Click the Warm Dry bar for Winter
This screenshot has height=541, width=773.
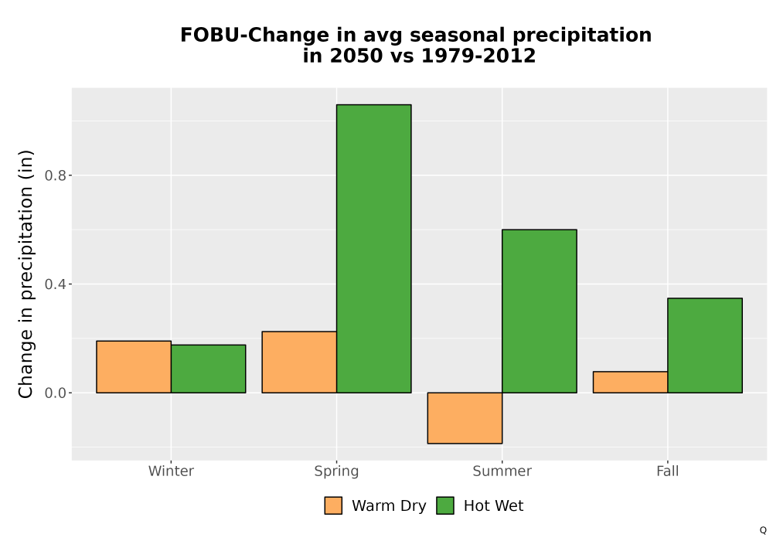tap(134, 366)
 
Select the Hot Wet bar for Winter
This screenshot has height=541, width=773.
tap(208, 369)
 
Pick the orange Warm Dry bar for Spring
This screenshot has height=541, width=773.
tap(299, 362)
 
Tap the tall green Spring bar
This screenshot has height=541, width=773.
tap(373, 249)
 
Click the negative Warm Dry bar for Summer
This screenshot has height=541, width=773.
tap(465, 418)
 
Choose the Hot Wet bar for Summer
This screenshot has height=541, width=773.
tap(540, 311)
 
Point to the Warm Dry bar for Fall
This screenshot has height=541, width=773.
tap(631, 382)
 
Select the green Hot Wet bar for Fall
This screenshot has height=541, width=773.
tap(705, 345)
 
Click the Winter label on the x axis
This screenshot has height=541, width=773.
tap(171, 471)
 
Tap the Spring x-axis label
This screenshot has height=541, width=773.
tap(337, 471)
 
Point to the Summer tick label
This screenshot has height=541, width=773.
tap(502, 471)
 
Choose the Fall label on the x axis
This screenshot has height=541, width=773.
tap(668, 471)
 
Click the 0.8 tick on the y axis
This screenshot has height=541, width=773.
tap(55, 175)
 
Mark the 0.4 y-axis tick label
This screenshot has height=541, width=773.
tap(55, 284)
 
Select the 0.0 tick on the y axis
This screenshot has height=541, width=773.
tap(55, 393)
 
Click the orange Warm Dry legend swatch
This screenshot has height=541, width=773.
tap(333, 505)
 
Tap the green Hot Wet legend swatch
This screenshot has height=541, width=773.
tap(445, 505)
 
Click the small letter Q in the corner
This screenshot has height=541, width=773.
tap(763, 530)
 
